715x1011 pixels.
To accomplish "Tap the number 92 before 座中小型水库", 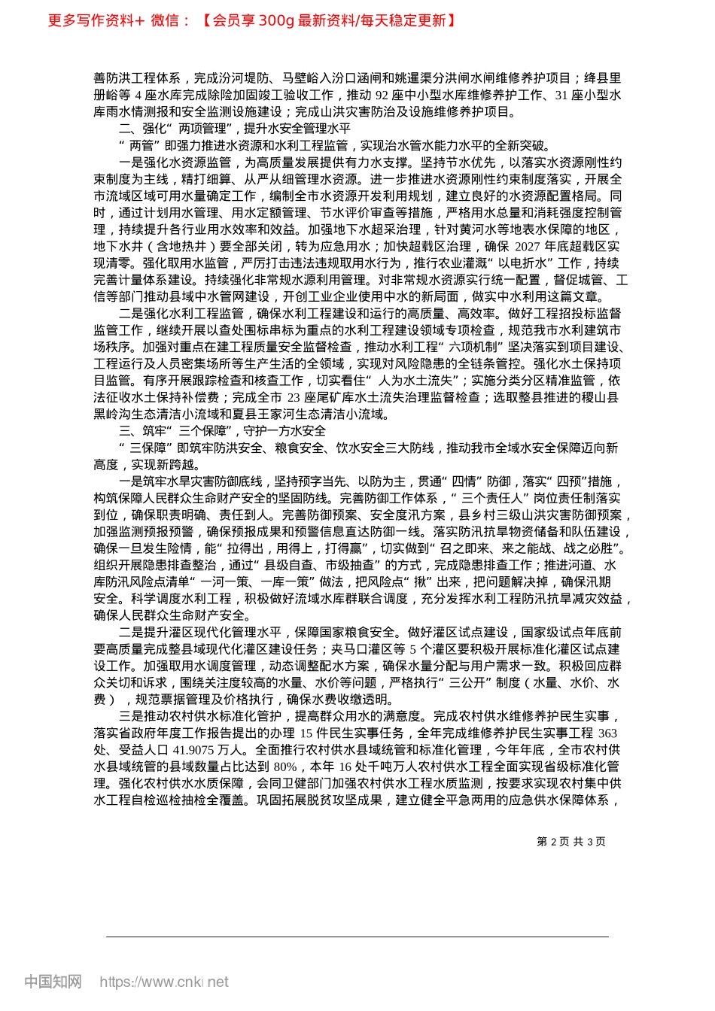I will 382,96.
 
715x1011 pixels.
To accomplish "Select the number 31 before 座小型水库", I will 561,96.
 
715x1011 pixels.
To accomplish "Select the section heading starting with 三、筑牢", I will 223,431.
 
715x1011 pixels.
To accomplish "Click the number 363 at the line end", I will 607,733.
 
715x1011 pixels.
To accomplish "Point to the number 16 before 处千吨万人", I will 345,767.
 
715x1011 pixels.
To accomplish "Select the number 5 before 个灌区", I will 412,649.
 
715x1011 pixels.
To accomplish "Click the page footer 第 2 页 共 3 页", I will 570,842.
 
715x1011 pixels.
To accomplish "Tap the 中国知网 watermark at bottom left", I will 53,982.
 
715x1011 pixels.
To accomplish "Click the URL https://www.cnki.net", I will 164,982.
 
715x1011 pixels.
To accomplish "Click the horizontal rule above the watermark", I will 357,937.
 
